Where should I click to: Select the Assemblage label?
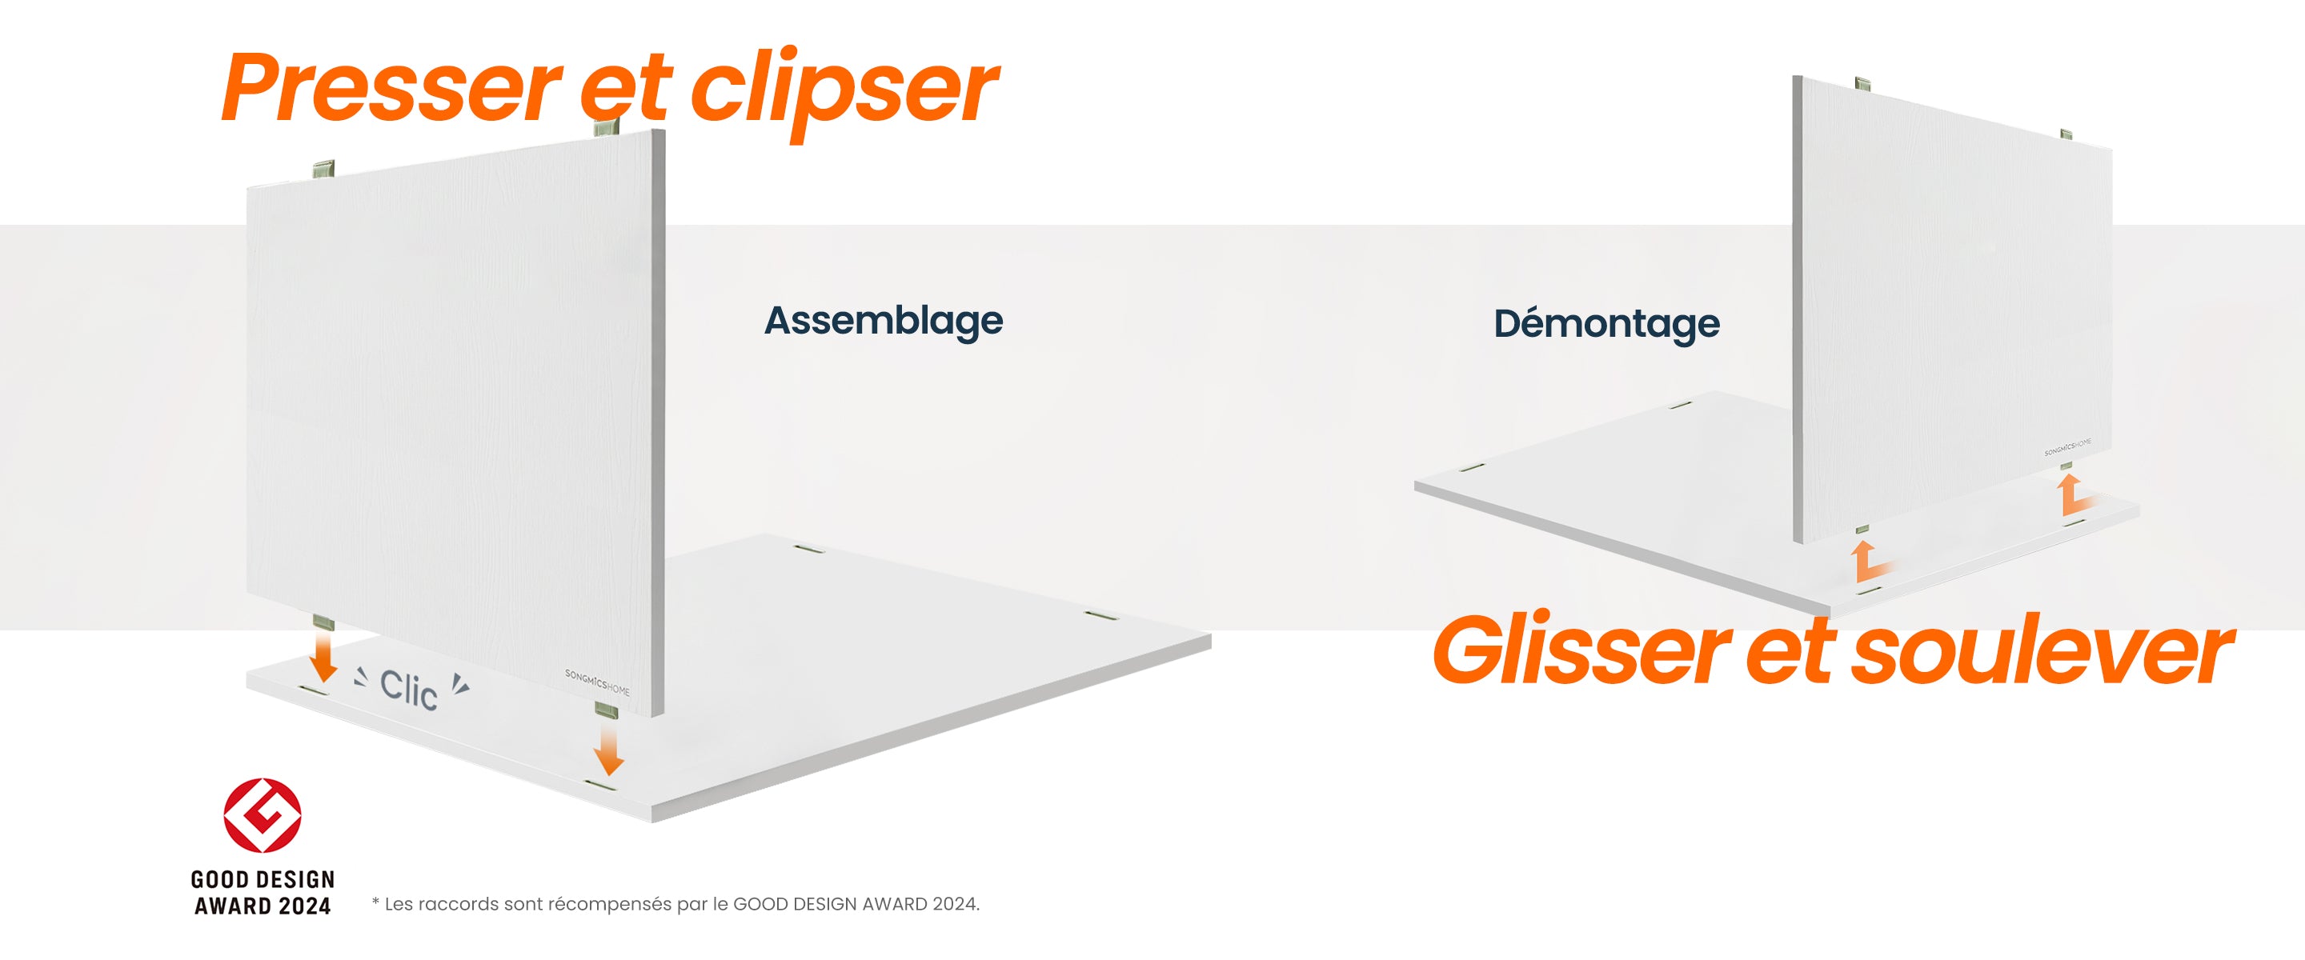(883, 321)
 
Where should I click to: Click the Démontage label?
(1606, 324)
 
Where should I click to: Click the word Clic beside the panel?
(408, 690)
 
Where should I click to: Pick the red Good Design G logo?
(263, 815)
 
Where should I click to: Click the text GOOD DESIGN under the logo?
(263, 879)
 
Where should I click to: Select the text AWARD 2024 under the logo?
(263, 906)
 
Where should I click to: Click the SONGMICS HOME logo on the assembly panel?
(597, 682)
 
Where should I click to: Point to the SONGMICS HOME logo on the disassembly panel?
(2068, 446)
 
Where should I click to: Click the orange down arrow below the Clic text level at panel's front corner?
(608, 749)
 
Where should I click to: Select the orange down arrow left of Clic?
(323, 658)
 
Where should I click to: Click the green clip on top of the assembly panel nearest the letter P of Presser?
(324, 169)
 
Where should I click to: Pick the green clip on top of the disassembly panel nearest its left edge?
(1862, 84)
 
